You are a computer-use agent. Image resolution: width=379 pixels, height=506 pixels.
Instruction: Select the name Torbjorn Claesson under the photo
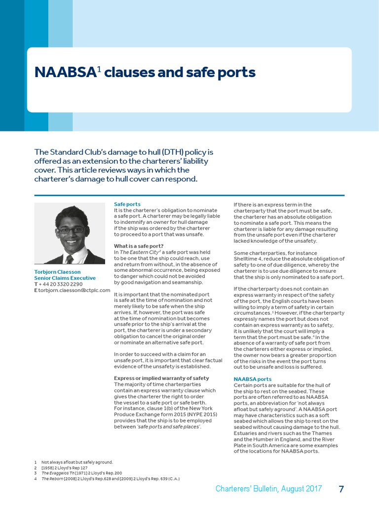tap(57, 272)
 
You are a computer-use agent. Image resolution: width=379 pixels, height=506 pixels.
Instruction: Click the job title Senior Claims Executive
tap(65, 278)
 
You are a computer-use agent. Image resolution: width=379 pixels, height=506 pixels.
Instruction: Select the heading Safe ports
tap(127, 204)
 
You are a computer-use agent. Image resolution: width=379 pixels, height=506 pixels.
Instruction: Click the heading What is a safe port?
tap(138, 246)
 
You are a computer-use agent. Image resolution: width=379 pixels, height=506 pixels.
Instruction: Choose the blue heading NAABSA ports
tap(252, 379)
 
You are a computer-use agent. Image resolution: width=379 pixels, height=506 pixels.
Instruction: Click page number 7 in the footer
tap(341, 489)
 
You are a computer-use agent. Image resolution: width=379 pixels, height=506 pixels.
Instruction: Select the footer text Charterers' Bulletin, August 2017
tap(268, 489)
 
